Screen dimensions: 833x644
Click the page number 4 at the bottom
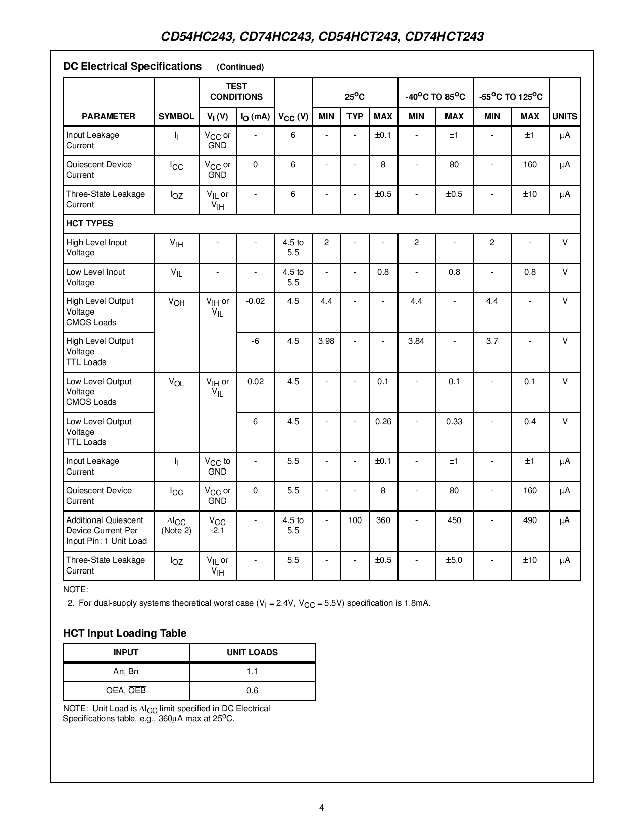click(x=322, y=807)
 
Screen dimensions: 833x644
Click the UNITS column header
click(x=565, y=116)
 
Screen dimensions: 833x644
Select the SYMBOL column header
click(x=176, y=116)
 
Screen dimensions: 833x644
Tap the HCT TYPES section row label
click(x=90, y=223)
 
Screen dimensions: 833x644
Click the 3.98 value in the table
click(x=326, y=341)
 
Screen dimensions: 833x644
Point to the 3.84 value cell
click(x=416, y=341)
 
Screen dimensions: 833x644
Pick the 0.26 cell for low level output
click(x=383, y=422)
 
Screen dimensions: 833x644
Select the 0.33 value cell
click(x=454, y=422)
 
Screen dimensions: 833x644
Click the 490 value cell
click(x=530, y=520)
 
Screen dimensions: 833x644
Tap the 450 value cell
click(x=454, y=520)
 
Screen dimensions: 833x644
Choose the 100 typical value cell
click(x=355, y=520)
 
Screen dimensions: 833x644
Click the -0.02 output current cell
click(x=255, y=301)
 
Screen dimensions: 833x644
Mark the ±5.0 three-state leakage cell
click(x=454, y=560)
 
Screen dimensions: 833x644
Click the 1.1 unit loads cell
click(x=252, y=672)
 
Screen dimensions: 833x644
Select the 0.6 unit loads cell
click(x=252, y=691)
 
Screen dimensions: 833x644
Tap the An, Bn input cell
click(x=126, y=672)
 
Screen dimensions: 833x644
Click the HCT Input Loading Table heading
click(x=125, y=634)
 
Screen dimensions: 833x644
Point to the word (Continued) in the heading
click(x=240, y=67)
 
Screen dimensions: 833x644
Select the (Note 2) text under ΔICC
click(x=176, y=531)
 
